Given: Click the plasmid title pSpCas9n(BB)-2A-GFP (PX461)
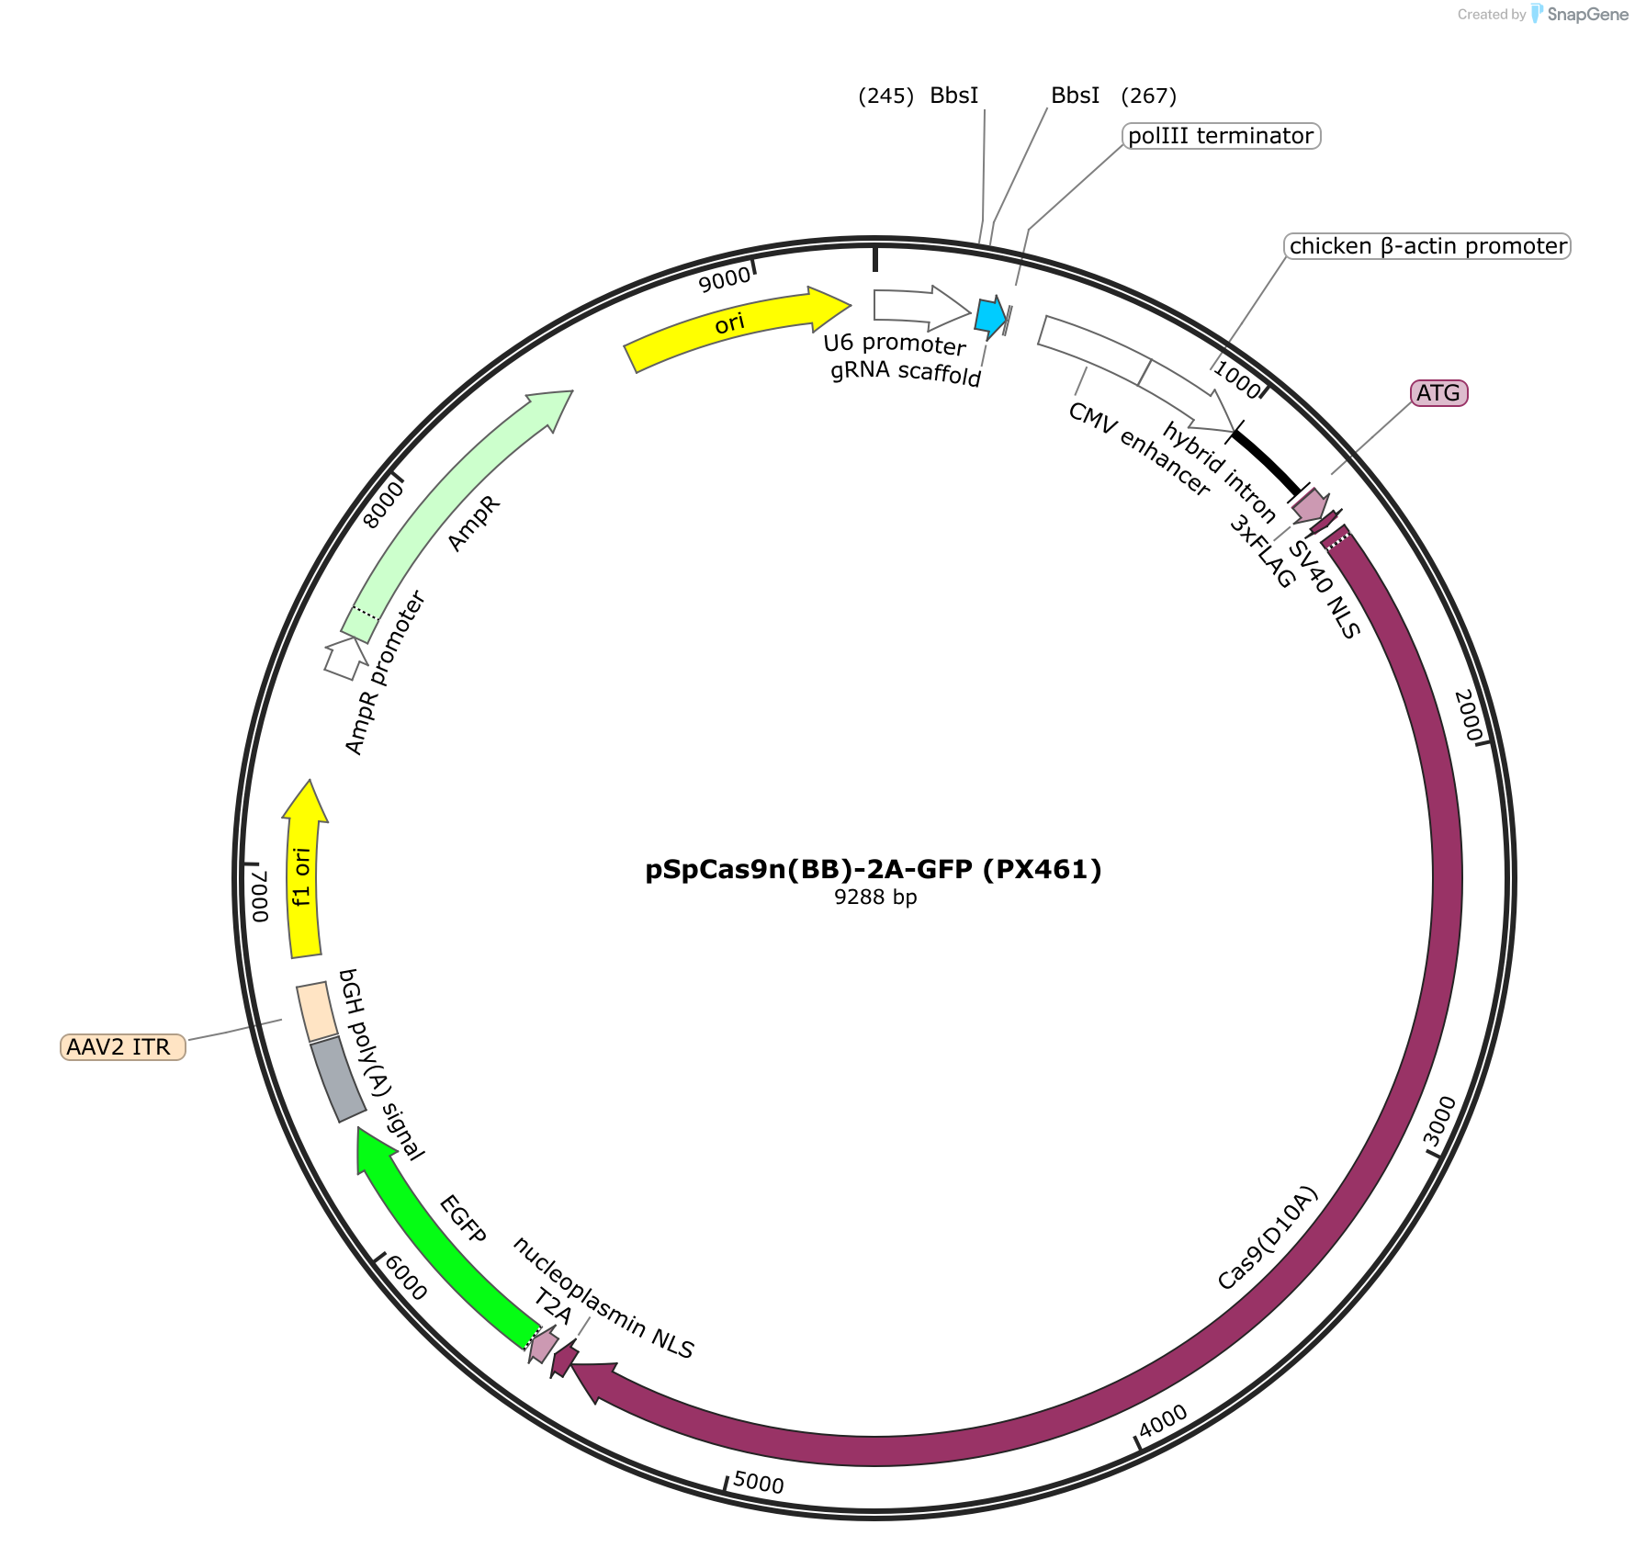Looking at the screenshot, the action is (873, 869).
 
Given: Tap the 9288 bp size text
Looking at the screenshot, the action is (875, 898).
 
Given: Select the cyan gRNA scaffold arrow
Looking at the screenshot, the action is (990, 316).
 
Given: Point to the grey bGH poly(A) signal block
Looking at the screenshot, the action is (338, 1079).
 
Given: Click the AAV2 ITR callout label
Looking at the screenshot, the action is (123, 1046).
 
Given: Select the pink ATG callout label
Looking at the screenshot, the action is (1438, 393).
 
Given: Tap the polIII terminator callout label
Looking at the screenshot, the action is (1221, 136).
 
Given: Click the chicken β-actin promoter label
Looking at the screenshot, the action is (1427, 246).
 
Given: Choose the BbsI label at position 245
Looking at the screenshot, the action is (954, 96).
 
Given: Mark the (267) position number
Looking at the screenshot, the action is (1149, 96).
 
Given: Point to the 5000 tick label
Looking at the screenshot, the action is (759, 1483).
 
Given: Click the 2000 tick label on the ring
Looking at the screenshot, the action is (1468, 716).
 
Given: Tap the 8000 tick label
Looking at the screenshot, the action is (384, 504).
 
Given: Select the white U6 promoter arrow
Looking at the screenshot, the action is (921, 308).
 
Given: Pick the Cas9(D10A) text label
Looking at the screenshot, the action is (1268, 1237).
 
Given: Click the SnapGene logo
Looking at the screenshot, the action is (1579, 14).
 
